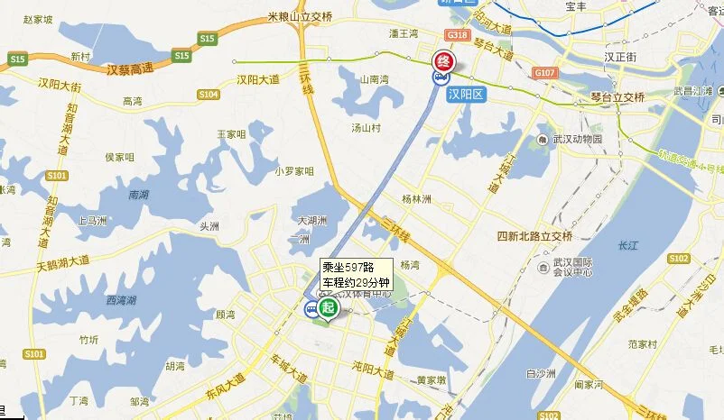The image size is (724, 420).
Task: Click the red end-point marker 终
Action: click(x=443, y=61)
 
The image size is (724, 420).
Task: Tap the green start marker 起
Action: click(x=327, y=307)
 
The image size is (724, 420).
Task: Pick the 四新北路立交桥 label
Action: click(x=535, y=236)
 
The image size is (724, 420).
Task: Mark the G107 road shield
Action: click(x=544, y=72)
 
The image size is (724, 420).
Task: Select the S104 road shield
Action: click(x=209, y=94)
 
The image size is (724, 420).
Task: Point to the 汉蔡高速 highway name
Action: click(x=130, y=68)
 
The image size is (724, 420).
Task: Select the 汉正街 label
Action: click(x=620, y=57)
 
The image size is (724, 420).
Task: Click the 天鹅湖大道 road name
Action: click(x=64, y=265)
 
